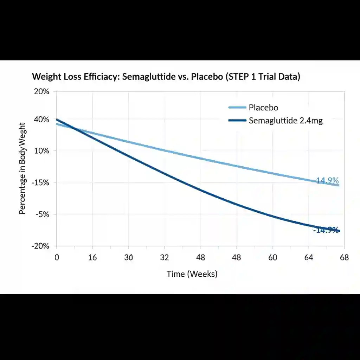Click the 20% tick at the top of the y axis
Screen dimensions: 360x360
click(x=41, y=92)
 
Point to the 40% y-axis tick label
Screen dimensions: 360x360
click(x=41, y=120)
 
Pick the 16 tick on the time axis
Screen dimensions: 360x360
click(x=92, y=257)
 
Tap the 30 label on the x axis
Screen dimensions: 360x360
click(x=128, y=257)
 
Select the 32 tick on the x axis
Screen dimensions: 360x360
click(x=165, y=257)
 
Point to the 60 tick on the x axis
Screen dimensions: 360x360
click(x=272, y=257)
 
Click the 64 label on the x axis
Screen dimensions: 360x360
click(x=308, y=257)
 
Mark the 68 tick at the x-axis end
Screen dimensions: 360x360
click(x=344, y=257)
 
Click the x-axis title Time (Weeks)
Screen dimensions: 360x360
click(x=192, y=274)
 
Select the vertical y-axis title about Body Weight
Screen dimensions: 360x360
click(x=22, y=169)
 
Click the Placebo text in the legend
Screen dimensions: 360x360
click(x=263, y=108)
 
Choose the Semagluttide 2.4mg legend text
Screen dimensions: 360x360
click(x=285, y=121)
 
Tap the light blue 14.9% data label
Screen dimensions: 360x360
click(x=327, y=181)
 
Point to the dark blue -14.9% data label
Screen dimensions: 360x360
click(x=326, y=230)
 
